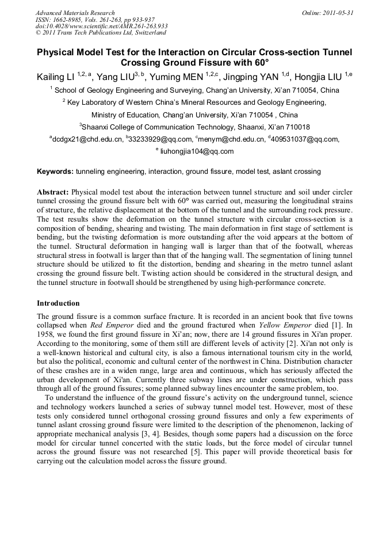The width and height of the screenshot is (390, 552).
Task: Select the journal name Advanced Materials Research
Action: tap(75, 13)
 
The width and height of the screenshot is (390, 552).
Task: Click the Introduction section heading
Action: tap(58, 303)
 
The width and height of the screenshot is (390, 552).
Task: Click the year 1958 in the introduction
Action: tap(46, 333)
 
